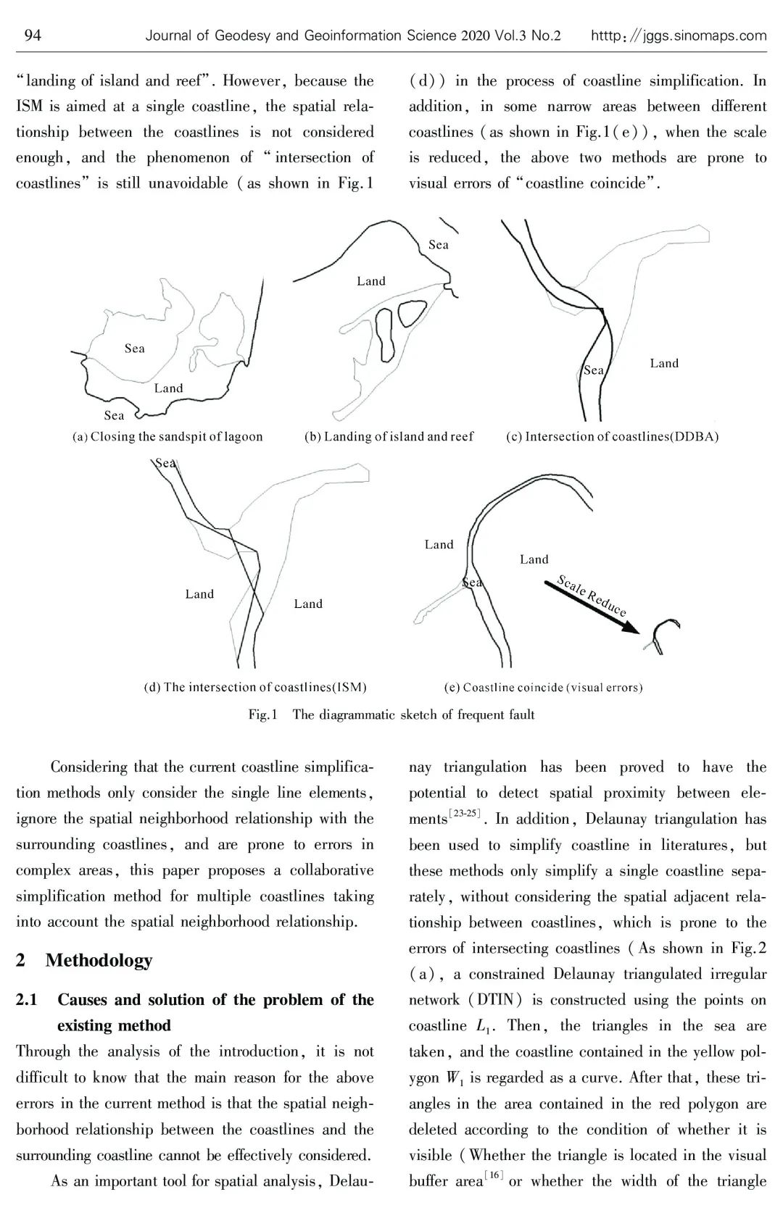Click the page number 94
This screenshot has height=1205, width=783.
click(x=33, y=35)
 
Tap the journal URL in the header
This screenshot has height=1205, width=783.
click(x=679, y=36)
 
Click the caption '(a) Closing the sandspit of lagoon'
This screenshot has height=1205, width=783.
click(x=167, y=436)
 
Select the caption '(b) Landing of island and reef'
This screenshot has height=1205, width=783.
click(x=389, y=436)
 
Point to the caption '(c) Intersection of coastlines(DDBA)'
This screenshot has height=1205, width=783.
click(x=612, y=436)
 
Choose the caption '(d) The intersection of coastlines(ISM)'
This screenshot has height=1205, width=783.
click(x=255, y=687)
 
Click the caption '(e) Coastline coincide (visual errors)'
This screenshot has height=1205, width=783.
click(x=543, y=687)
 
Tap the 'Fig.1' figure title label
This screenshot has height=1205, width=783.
click(x=263, y=714)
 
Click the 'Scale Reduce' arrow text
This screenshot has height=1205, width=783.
click(x=592, y=595)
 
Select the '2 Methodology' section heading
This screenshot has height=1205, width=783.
click(x=84, y=960)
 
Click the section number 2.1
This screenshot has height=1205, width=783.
click(x=27, y=1000)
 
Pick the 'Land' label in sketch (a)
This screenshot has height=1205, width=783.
click(x=168, y=388)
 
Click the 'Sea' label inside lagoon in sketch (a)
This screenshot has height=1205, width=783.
click(x=135, y=349)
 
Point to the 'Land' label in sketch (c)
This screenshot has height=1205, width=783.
click(x=664, y=363)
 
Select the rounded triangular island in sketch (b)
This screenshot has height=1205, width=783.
click(x=412, y=312)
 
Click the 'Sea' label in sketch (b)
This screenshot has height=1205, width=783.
click(x=439, y=245)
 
